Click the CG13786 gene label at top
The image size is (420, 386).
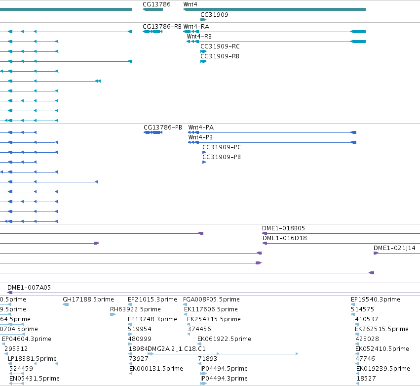click(x=156, y=4)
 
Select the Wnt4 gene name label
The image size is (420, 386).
click(x=190, y=4)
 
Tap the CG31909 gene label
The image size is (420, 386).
click(x=214, y=15)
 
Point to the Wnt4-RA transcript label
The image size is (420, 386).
click(x=196, y=27)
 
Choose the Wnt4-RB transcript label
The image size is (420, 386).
click(x=199, y=37)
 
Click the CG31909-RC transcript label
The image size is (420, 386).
click(x=220, y=46)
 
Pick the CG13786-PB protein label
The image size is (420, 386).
click(x=163, y=128)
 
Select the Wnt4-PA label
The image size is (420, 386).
click(x=201, y=128)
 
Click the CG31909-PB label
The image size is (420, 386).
click(x=222, y=157)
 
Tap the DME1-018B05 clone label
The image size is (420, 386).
click(x=283, y=228)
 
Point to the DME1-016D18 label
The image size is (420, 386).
click(x=284, y=238)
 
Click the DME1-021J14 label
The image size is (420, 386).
click(x=394, y=248)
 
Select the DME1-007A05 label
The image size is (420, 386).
click(x=29, y=288)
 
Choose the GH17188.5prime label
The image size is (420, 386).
click(x=88, y=300)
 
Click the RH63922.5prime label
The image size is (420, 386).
click(x=135, y=309)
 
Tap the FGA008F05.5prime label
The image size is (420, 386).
click(x=211, y=300)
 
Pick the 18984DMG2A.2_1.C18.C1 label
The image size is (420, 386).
click(x=167, y=349)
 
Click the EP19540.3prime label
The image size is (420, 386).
click(x=375, y=300)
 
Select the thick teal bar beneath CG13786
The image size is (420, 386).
click(x=153, y=9)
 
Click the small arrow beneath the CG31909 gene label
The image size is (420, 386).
click(x=203, y=20)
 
